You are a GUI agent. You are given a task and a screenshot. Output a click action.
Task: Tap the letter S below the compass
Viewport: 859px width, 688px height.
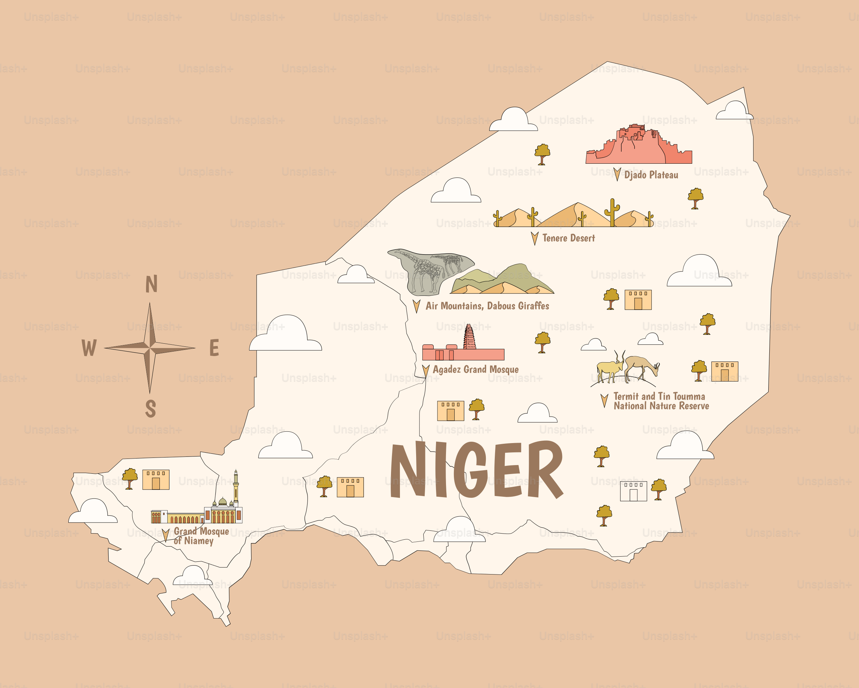coord(150,408)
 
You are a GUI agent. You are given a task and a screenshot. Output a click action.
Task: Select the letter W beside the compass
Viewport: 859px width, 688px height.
coord(89,347)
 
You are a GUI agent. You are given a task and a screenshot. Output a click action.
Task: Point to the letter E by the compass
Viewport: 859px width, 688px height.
coord(214,347)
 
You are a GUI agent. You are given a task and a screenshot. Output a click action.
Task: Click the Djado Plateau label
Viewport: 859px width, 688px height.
coord(651,175)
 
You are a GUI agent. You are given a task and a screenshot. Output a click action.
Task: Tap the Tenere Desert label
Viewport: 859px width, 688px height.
coord(568,238)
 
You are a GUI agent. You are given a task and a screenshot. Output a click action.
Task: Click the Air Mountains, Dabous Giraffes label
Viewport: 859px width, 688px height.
coord(487,306)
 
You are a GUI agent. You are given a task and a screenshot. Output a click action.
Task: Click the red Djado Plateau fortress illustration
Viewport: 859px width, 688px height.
coord(638,146)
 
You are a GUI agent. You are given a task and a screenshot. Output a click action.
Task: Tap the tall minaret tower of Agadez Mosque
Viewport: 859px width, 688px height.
coord(469,337)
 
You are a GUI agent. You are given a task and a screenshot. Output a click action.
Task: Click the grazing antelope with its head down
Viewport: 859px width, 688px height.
coord(642,366)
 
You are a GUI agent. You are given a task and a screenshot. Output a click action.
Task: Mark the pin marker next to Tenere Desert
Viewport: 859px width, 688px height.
coord(535,238)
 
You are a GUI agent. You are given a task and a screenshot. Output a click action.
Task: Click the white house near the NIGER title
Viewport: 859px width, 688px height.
coord(633,491)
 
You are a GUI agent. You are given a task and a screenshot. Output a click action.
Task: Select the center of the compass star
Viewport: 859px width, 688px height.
coord(150,347)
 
